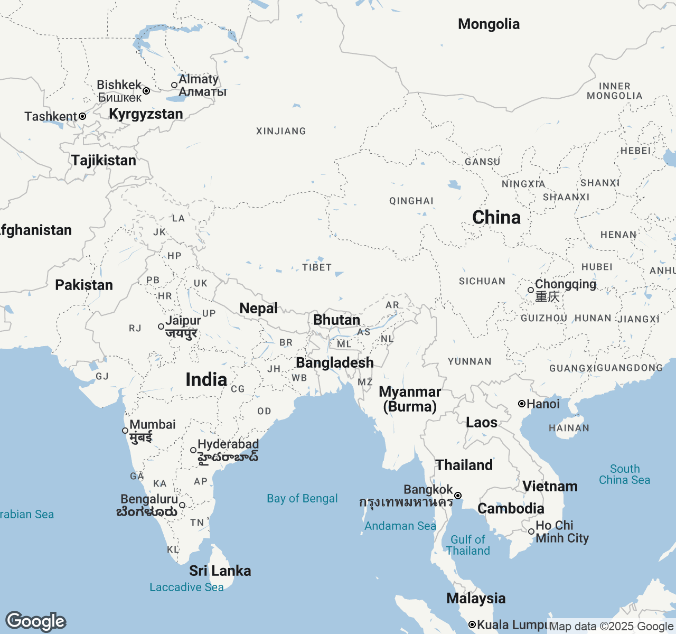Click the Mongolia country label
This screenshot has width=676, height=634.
[x=489, y=24]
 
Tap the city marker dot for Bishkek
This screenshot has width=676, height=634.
[x=146, y=91]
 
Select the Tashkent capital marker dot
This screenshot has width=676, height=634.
[x=82, y=116]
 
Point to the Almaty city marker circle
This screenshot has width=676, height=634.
[x=174, y=85]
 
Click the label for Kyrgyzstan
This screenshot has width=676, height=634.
[x=146, y=114]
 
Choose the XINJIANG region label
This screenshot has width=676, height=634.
[x=281, y=131]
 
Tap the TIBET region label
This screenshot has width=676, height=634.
[x=317, y=267]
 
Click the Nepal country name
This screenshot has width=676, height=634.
[x=258, y=309]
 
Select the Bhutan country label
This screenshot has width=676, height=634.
[x=336, y=320]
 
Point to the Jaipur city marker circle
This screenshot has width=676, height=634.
[x=161, y=327]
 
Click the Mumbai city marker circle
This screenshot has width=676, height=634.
[x=125, y=431]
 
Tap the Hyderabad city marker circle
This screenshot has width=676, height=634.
[x=193, y=450]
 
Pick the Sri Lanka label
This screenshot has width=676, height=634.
[x=220, y=571]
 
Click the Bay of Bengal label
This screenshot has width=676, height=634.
[x=302, y=499]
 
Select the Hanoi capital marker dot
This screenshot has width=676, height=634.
[x=522, y=404]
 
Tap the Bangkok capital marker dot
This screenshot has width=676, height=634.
[x=458, y=496]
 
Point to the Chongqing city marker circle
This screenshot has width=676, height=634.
[x=531, y=290]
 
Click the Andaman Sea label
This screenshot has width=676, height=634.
[x=400, y=526]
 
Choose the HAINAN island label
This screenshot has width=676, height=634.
[x=569, y=428]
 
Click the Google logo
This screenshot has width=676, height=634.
[x=35, y=622]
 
